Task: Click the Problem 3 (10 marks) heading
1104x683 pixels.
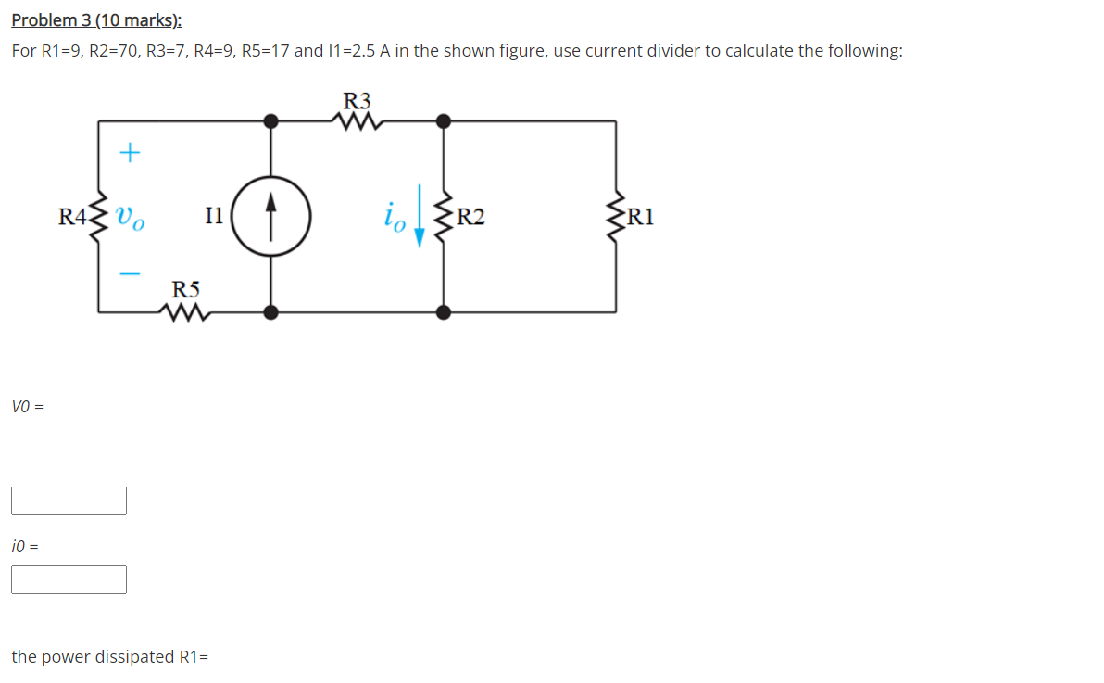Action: [x=96, y=20]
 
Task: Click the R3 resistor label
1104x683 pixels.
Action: [x=357, y=100]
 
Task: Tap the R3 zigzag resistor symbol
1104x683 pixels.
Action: [x=358, y=121]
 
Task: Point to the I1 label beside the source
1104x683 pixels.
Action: [x=213, y=218]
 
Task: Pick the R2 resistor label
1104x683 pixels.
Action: [x=470, y=219]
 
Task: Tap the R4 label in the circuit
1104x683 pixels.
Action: [x=70, y=219]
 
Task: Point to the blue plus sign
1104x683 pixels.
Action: [x=131, y=152]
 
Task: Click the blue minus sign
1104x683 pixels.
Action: [x=131, y=272]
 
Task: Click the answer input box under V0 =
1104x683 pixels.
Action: [x=69, y=501]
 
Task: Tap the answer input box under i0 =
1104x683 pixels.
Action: [x=69, y=580]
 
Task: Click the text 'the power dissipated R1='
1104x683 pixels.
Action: [x=109, y=657]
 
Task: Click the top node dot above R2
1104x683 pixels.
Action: [x=445, y=120]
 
